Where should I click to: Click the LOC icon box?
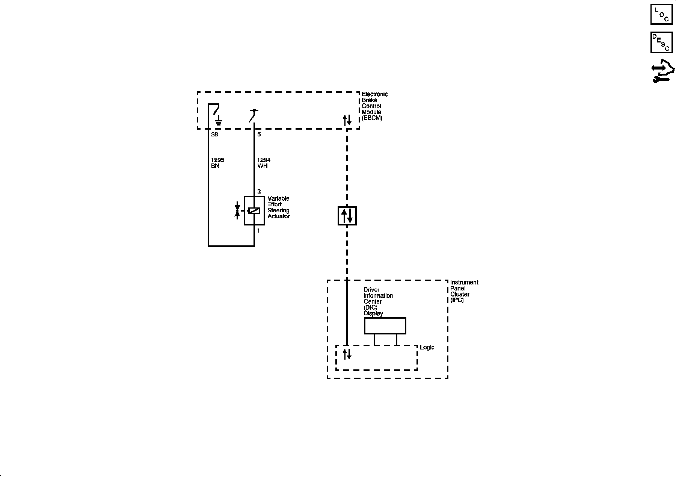(x=661, y=15)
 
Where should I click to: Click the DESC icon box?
(x=661, y=42)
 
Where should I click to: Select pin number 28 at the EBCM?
(x=214, y=134)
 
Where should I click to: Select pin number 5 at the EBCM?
(x=259, y=134)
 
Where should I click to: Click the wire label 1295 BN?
(x=217, y=163)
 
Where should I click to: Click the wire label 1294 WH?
(x=264, y=163)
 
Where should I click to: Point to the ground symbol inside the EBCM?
(x=219, y=121)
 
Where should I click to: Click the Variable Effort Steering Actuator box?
(x=254, y=210)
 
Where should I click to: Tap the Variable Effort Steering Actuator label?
(x=278, y=207)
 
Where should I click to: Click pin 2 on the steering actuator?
(x=259, y=191)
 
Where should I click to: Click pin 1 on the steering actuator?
(x=258, y=230)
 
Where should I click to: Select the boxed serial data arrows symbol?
(x=347, y=216)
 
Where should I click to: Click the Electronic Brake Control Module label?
(x=374, y=106)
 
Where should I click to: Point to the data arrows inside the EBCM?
(x=347, y=120)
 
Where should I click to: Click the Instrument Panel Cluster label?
(x=464, y=291)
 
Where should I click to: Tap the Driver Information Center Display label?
(x=378, y=301)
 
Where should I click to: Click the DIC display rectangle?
(x=385, y=326)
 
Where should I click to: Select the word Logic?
(x=427, y=347)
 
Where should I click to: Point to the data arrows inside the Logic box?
(x=347, y=354)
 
